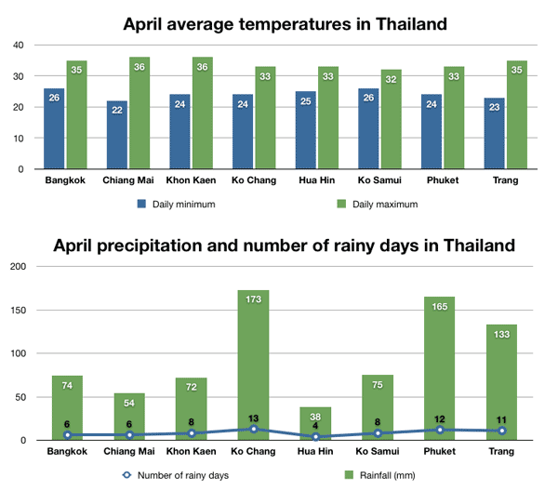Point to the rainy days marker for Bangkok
coord(67,435)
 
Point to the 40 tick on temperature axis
coord(19,45)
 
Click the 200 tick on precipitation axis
coord(16,267)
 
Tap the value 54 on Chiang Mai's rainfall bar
coord(128,402)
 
